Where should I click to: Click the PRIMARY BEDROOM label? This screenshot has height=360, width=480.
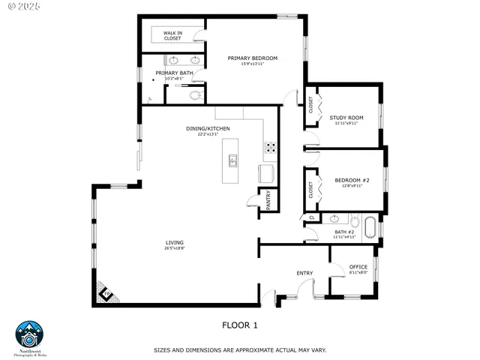click(253, 58)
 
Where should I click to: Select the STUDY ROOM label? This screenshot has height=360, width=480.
click(346, 118)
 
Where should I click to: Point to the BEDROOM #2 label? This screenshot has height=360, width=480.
click(352, 180)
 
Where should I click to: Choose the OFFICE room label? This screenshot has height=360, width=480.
click(358, 267)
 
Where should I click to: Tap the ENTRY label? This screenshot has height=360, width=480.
click(304, 273)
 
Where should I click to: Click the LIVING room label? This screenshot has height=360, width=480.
click(175, 242)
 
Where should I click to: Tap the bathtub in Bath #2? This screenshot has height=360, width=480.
click(370, 227)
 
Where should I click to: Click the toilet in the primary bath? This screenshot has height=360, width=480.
click(196, 95)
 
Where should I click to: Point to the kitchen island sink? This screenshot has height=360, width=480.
click(233, 160)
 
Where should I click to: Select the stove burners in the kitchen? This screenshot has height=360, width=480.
click(269, 147)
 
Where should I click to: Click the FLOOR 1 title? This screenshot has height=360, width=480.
click(239, 325)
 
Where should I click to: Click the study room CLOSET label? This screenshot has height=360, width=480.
click(310, 105)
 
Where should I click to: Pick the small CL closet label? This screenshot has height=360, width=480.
click(310, 218)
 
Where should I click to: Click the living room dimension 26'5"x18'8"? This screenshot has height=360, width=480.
click(175, 248)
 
